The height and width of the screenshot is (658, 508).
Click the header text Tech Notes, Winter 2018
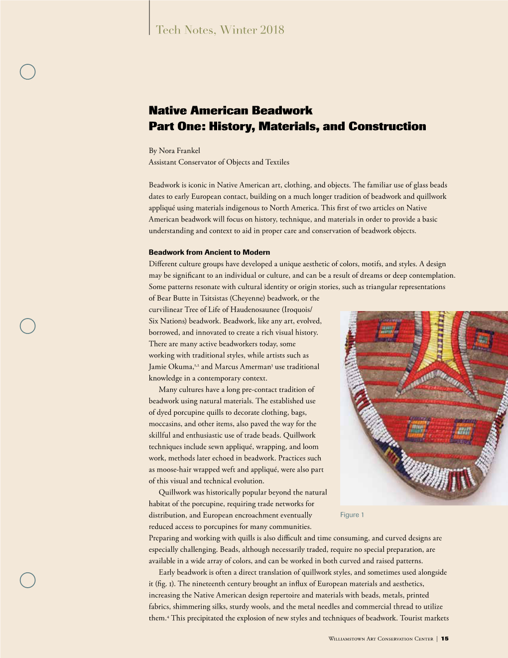click(220, 30)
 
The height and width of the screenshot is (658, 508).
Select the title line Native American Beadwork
click(231, 110)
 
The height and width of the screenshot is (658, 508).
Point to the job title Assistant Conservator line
click(219, 162)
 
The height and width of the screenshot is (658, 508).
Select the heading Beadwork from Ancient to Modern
click(209, 252)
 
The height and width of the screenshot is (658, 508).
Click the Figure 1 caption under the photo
click(352, 515)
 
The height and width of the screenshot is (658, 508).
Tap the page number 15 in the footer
click(445, 639)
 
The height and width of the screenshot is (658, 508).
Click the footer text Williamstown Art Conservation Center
click(381, 639)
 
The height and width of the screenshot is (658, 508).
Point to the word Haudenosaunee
click(254, 310)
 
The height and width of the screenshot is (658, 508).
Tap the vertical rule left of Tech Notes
click(149, 17)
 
